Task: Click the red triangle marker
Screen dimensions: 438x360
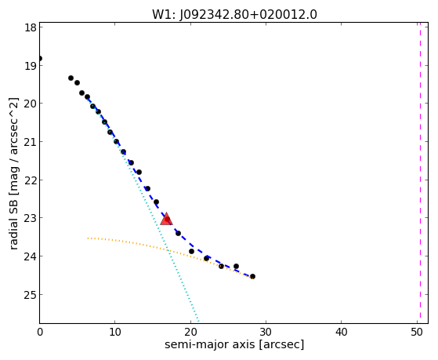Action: [166, 219]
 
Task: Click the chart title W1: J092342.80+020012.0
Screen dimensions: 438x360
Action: [234, 15]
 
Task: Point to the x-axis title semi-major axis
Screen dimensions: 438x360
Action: [210, 344]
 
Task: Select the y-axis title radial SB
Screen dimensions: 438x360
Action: [13, 219]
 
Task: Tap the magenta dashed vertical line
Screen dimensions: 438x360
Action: [420, 173]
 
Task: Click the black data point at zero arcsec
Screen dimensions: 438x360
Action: [40, 59]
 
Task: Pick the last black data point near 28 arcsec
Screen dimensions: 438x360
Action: [252, 276]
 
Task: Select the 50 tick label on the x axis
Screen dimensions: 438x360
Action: [417, 333]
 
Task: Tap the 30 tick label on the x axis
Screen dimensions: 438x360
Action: [266, 333]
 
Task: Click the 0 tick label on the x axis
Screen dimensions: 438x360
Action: [40, 333]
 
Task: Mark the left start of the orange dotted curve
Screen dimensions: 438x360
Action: [88, 238]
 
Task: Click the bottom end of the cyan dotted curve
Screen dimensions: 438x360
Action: [198, 322]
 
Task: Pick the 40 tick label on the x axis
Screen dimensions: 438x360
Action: [341, 333]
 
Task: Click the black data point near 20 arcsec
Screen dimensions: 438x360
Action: [191, 252]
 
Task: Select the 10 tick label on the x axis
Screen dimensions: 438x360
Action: [115, 333]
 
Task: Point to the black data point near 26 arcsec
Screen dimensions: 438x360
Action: [236, 267]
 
